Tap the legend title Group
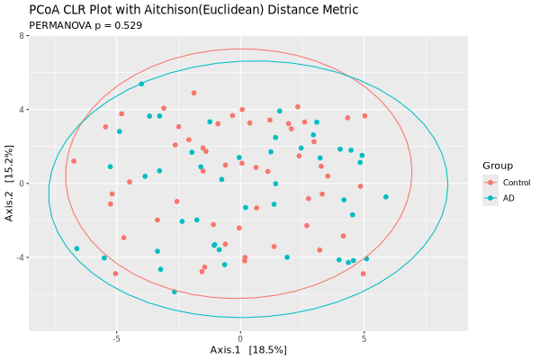pos(498,166)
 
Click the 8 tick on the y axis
pos(21,37)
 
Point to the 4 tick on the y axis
pos(21,110)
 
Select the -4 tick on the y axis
pos(19,257)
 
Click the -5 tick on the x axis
pos(116,339)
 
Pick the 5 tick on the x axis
pos(364,339)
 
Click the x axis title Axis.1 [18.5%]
pos(247,349)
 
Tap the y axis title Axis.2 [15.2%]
pos(8,184)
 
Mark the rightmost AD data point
pos(386,197)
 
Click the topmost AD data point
pos(141,85)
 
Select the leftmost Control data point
pos(74,162)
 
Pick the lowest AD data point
pos(175,292)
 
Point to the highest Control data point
pos(193,93)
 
